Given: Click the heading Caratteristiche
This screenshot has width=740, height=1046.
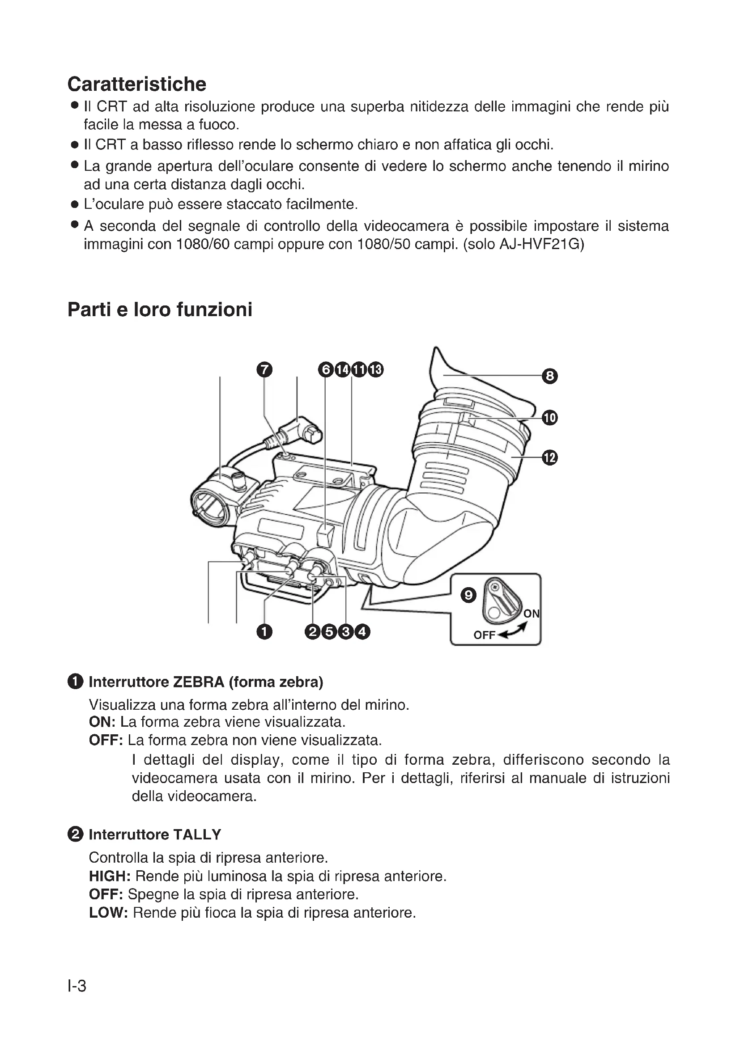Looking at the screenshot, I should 137,84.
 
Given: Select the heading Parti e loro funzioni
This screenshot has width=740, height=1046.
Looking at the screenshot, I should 159,310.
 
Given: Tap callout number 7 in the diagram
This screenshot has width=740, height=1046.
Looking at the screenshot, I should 264,369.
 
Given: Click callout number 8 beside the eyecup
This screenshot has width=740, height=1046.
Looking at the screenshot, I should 550,376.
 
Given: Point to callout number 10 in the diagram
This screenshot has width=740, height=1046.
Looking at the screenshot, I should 550,418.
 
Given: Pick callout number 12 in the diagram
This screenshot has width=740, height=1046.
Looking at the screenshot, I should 550,457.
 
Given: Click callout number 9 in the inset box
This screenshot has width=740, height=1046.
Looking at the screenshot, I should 468,595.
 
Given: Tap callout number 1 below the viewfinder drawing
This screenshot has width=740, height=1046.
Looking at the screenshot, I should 264,632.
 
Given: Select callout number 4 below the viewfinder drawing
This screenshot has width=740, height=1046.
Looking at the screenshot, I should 363,632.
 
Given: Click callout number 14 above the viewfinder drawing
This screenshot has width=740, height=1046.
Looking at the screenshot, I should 342,369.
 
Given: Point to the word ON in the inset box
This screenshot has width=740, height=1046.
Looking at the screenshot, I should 532,614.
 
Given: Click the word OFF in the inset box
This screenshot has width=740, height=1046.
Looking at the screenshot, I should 484,635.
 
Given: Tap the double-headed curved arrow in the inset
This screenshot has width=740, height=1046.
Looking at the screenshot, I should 513,631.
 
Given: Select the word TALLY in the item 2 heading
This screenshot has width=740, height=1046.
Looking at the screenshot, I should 197,834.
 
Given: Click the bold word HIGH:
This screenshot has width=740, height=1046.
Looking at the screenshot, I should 110,876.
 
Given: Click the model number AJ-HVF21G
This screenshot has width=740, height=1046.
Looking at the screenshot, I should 541,245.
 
